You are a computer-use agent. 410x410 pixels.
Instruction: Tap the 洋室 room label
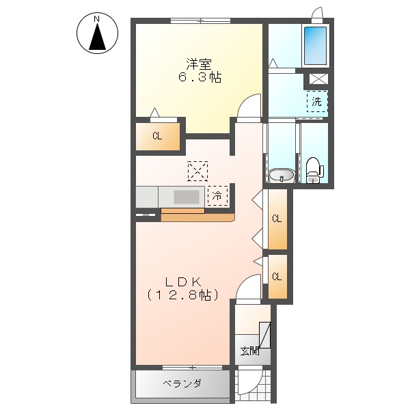coord(197,65)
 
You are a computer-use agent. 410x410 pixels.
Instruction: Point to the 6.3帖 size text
coord(197,77)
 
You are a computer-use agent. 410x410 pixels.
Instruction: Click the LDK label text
coord(182,281)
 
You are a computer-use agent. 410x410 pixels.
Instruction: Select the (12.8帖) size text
coord(182,295)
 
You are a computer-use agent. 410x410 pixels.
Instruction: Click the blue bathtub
coord(315,45)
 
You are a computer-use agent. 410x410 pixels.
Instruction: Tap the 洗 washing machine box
coord(316,102)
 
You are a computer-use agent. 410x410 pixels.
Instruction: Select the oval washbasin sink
coord(280,176)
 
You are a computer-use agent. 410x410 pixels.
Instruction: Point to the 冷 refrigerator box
coord(217,195)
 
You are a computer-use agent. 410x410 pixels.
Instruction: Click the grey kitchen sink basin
coord(187,197)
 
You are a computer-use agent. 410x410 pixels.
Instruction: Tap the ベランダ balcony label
coord(182,384)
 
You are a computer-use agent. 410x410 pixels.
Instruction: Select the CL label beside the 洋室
coord(157,136)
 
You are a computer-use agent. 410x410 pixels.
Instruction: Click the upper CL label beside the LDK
coord(277,219)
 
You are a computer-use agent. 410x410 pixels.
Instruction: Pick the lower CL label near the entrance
coord(277,277)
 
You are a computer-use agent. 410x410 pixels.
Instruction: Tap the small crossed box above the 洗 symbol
coord(318,79)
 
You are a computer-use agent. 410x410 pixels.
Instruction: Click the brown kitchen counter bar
coord(197,217)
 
